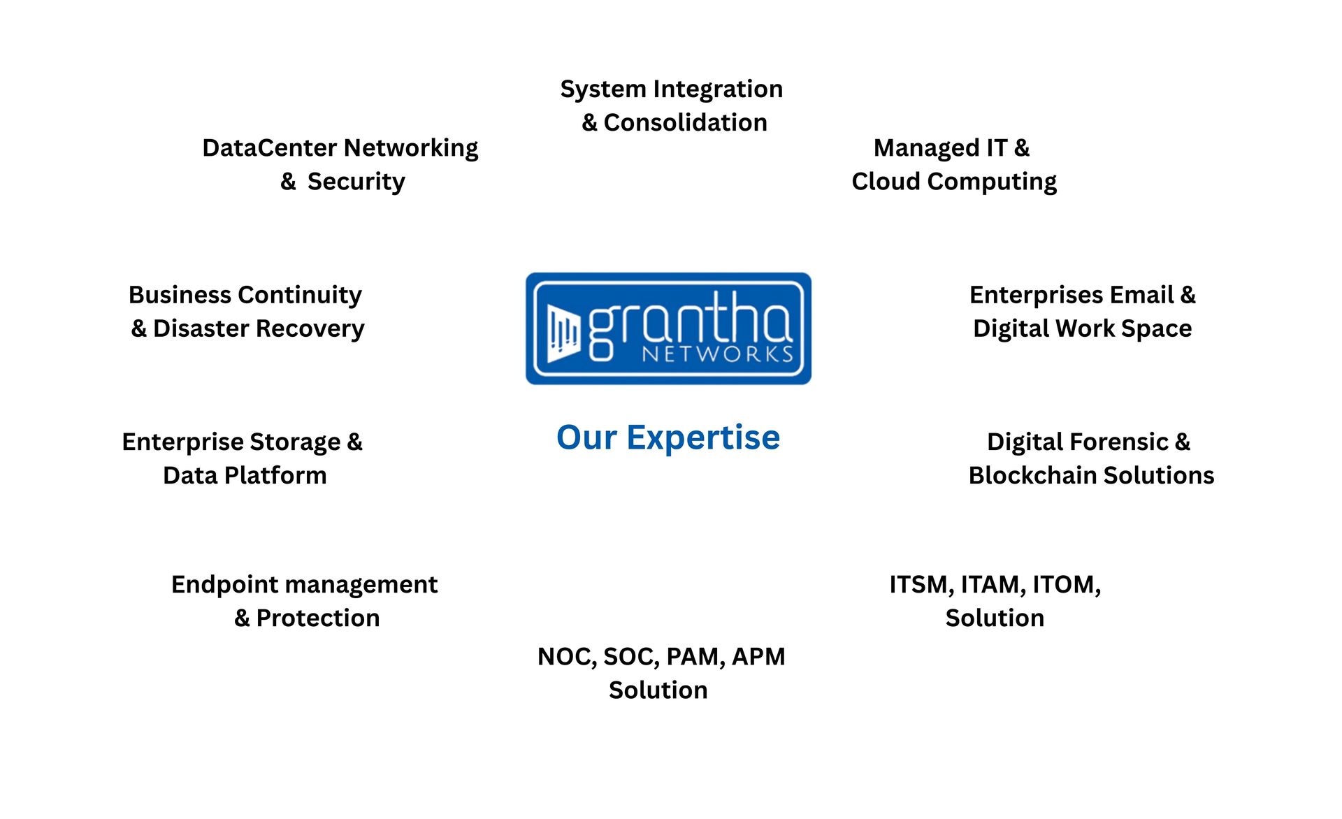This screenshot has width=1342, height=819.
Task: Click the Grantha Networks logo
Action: tap(668, 328)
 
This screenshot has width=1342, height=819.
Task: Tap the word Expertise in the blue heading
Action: tap(703, 439)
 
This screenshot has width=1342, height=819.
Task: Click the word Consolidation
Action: tap(685, 122)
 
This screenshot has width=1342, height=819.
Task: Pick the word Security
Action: tap(356, 182)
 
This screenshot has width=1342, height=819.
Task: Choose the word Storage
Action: tap(295, 443)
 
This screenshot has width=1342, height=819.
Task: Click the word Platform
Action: tap(276, 475)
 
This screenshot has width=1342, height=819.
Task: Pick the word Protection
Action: tap(318, 618)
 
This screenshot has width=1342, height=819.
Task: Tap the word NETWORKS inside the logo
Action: tap(718, 354)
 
